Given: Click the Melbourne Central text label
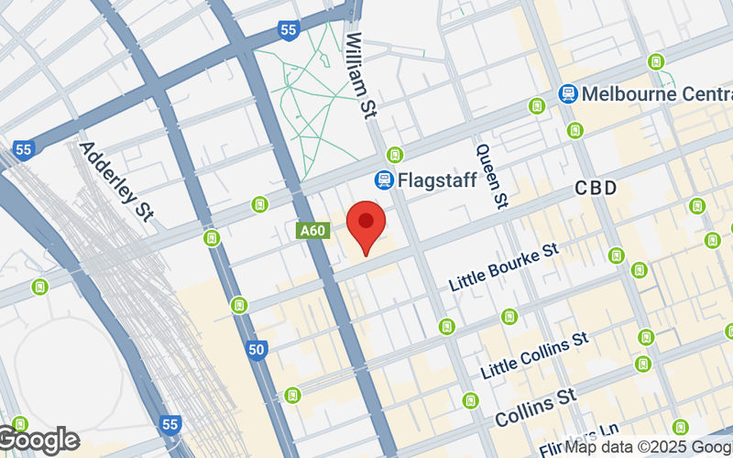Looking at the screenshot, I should coord(657,94).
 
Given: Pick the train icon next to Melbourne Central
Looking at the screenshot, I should coord(568,94).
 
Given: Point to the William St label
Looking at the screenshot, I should coord(363,70).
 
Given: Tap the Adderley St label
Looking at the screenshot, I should coord(115,181).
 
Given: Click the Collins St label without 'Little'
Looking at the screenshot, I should coord(535,407).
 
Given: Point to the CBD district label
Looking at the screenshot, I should coord(596,189).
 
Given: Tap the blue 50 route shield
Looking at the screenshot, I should coord(257,349).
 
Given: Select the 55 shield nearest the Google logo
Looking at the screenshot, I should coord(170,425).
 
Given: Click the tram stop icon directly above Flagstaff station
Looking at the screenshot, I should coord(395,154).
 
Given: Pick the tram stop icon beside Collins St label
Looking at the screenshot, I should coord(471,400).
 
